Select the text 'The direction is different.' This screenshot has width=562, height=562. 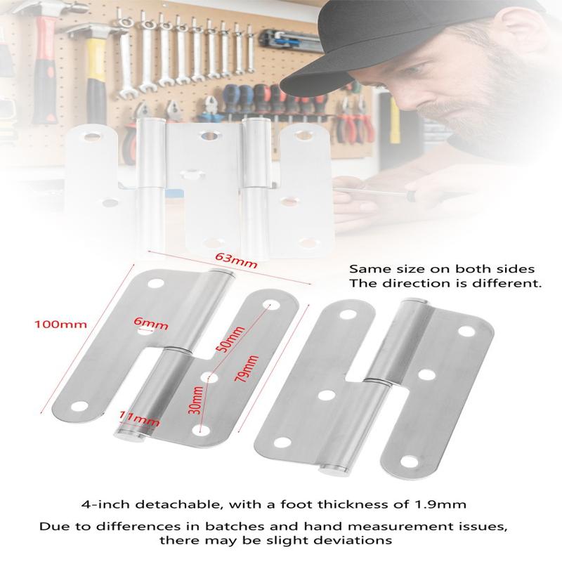coord(445,285)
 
